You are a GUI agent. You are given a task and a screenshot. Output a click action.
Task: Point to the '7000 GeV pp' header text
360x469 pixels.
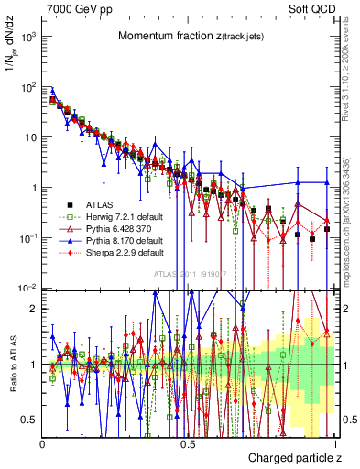[x=79, y=8]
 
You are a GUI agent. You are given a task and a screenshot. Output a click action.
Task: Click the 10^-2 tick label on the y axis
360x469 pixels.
[x=27, y=289]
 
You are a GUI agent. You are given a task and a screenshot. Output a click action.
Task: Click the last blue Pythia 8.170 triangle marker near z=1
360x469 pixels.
[x=326, y=183]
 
